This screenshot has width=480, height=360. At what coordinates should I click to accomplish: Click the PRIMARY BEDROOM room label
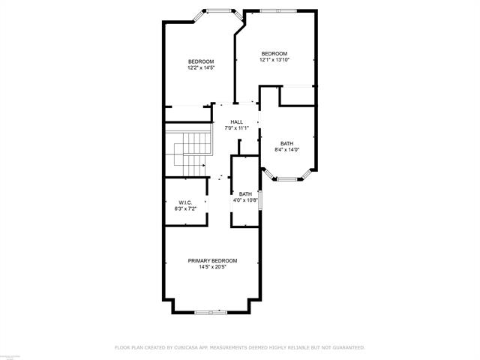212,260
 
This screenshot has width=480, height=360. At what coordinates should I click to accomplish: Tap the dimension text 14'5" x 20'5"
212,267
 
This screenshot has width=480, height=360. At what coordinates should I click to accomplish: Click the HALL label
236,121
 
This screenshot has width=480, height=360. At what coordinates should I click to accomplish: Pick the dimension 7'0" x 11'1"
236,128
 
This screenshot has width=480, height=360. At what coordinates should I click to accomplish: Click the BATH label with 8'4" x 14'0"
287,143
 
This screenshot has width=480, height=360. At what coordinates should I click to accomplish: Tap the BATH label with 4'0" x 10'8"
245,193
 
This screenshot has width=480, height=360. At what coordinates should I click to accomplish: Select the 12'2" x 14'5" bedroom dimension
201,68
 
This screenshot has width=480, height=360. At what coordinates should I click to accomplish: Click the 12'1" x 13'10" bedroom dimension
274,60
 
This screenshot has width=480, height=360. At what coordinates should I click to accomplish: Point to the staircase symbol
189,148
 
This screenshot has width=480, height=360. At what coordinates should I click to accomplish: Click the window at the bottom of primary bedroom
211,312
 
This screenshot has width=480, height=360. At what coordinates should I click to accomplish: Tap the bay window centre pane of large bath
287,179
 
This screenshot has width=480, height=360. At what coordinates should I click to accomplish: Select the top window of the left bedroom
218,10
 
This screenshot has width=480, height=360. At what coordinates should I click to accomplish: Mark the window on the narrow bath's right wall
259,202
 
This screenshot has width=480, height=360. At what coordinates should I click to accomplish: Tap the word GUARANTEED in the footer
346,347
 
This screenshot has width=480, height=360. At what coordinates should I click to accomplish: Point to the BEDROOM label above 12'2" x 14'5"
201,61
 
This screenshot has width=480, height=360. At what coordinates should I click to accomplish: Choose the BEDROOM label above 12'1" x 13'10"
274,53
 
